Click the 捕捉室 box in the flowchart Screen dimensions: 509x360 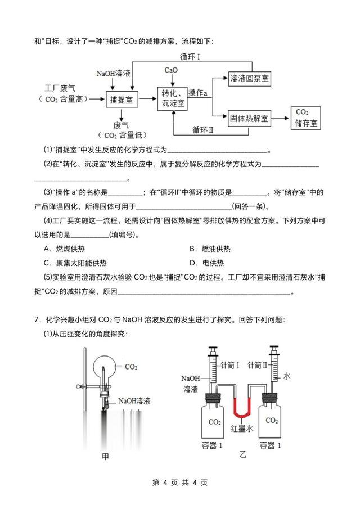[x=122, y=100]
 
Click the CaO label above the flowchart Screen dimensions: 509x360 [x=171, y=70]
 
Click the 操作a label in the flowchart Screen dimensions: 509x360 [x=199, y=92]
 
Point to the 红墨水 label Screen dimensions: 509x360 [x=243, y=430]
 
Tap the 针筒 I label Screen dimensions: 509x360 [x=231, y=364]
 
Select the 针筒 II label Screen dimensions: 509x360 [x=259, y=364]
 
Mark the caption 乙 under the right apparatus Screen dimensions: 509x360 [x=243, y=453]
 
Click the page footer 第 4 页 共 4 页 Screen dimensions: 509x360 [x=180, y=483]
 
